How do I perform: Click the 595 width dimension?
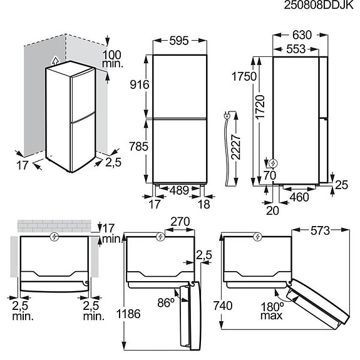pyautogui.click(x=180, y=41)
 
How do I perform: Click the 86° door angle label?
pyautogui.click(x=166, y=303)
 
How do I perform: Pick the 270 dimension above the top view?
pyautogui.click(x=180, y=222)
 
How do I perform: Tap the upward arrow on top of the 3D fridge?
pyautogui.click(x=56, y=61)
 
